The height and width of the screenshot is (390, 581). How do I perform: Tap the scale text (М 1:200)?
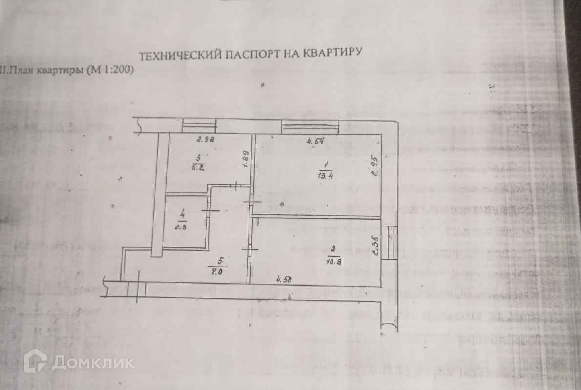pos(109,70)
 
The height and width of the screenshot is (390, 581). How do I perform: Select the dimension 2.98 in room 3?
pos(206,140)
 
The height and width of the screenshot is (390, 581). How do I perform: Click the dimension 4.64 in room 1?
pos(315,142)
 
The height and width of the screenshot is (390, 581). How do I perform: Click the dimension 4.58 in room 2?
pos(284,280)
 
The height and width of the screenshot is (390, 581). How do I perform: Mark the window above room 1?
pos(311,127)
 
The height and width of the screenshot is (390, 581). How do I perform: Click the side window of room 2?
pos(390,243)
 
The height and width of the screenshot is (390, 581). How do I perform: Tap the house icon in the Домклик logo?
pos(35,361)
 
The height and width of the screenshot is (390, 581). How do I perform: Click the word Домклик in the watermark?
pos(93,362)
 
